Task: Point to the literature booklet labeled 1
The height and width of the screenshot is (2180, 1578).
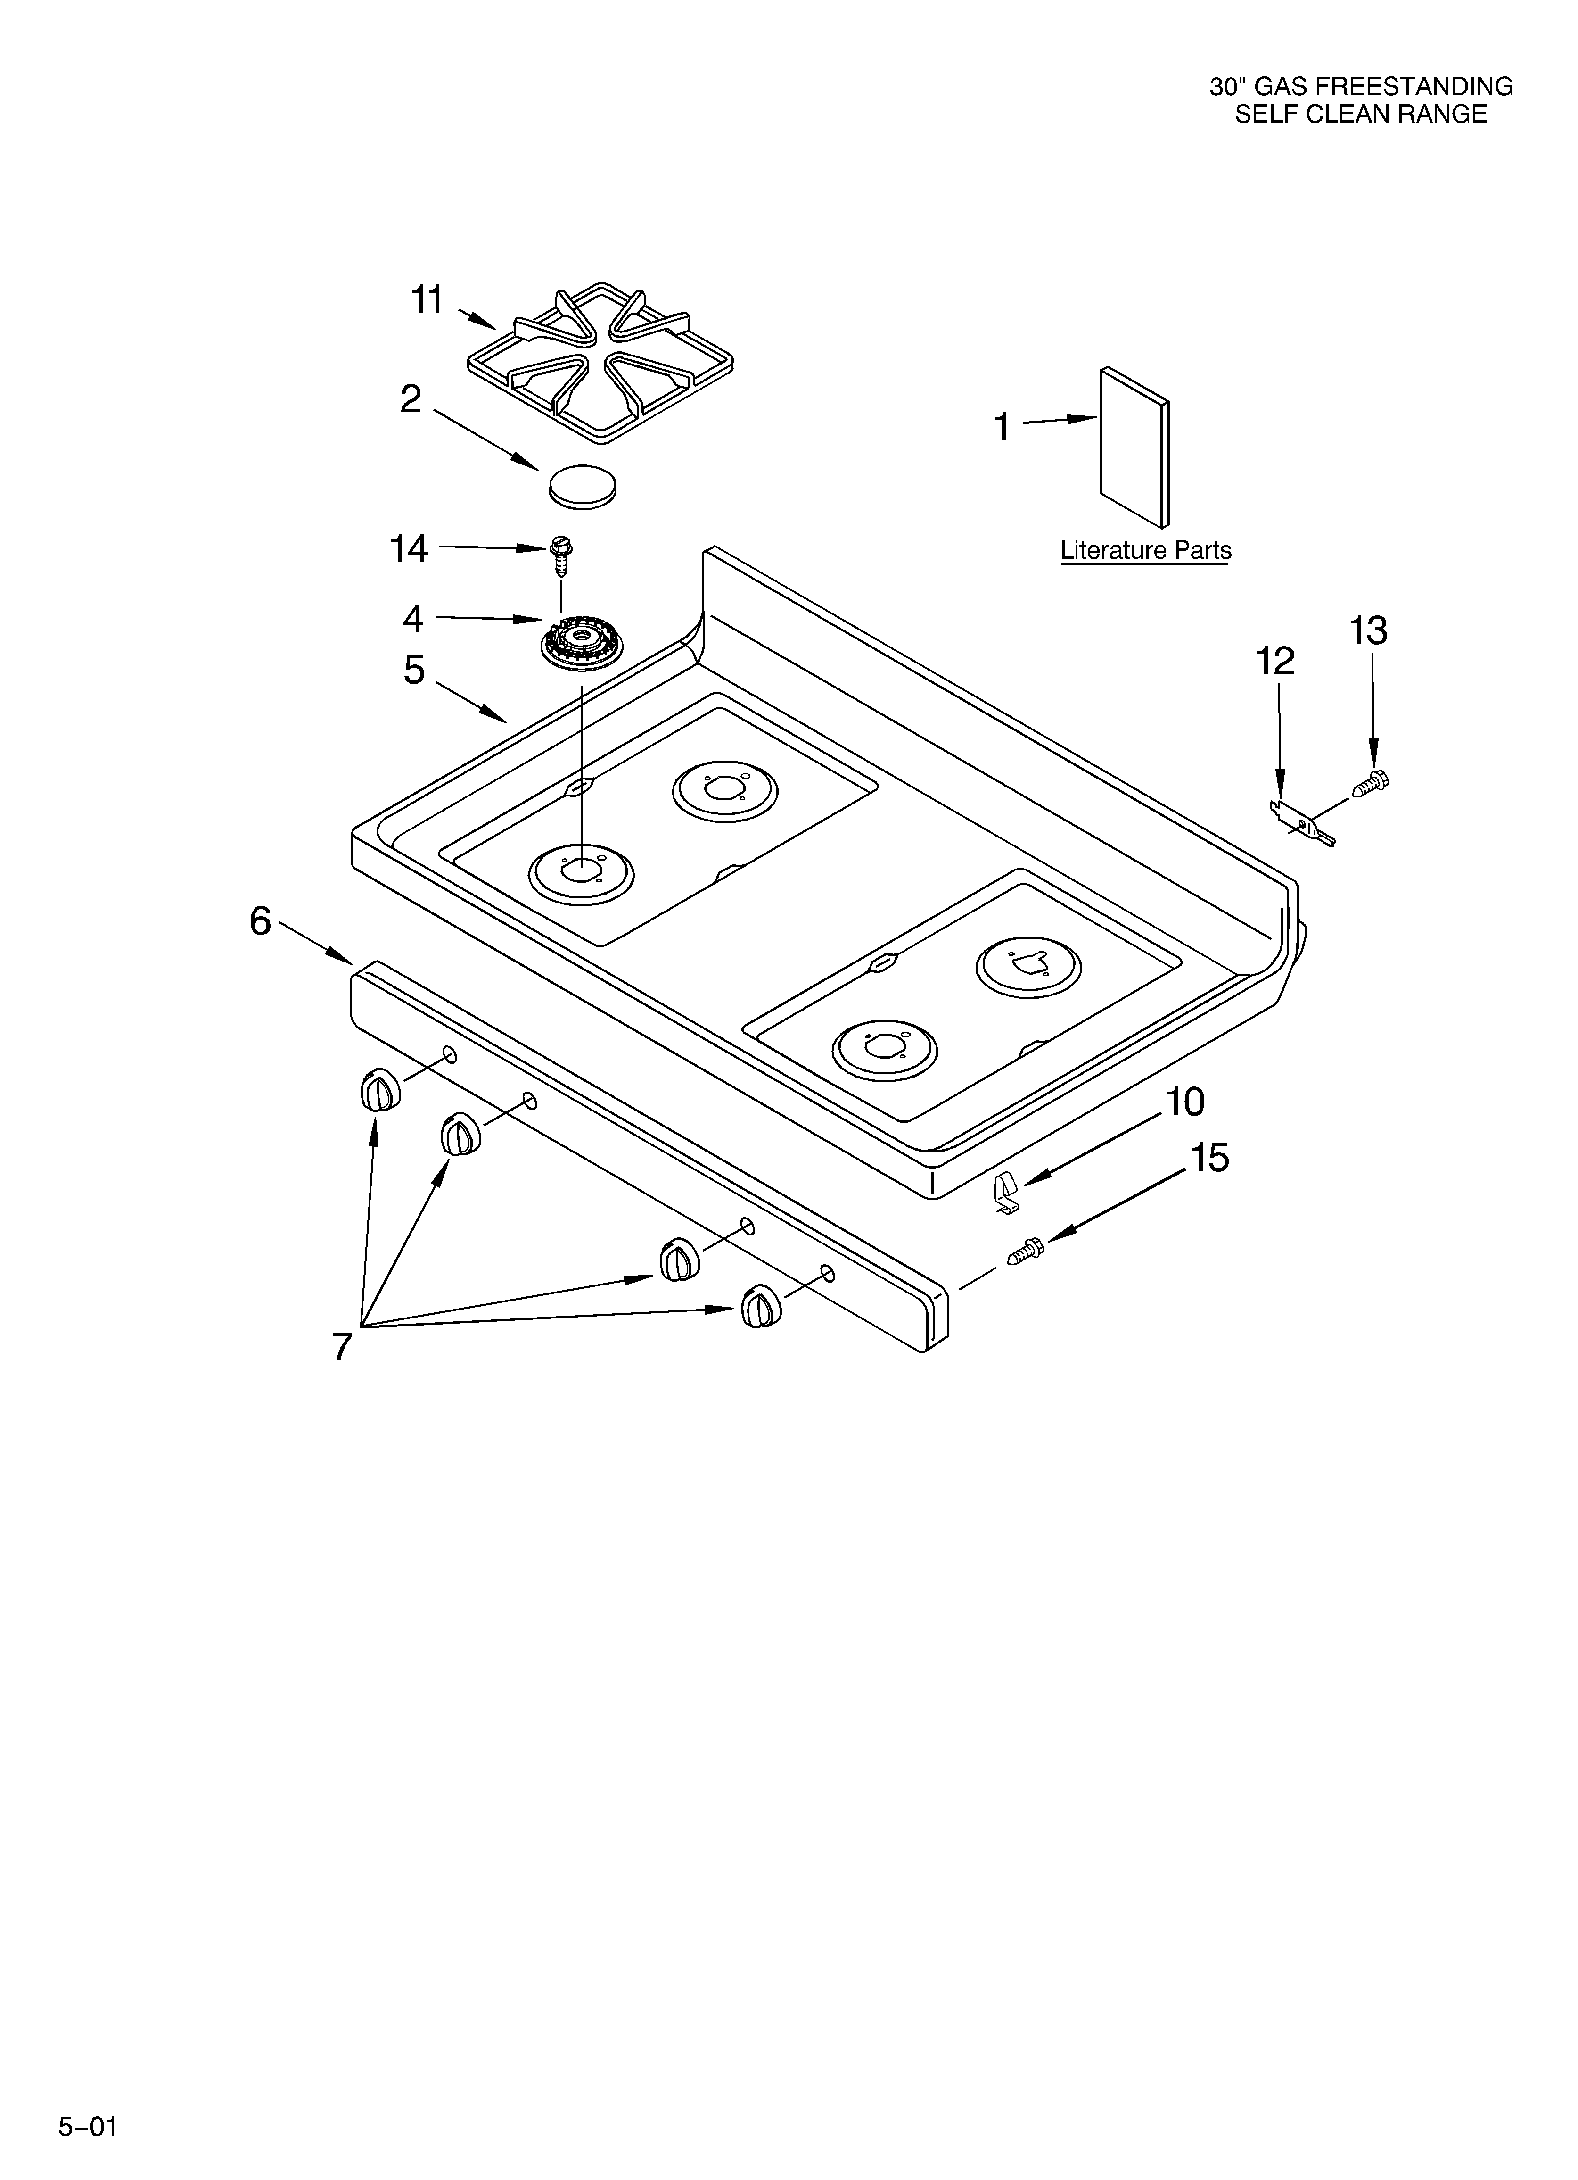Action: coord(1134,447)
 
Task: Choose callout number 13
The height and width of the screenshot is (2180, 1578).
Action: coord(1367,631)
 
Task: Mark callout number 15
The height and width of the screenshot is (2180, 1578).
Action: coord(1210,1158)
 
